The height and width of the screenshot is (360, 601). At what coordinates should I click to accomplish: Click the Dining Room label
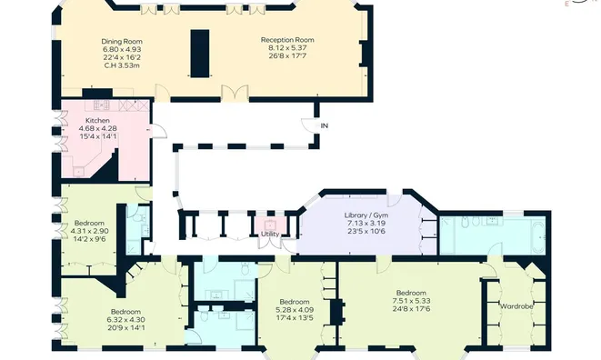point(122,42)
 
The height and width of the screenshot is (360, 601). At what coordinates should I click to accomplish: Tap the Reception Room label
point(287,40)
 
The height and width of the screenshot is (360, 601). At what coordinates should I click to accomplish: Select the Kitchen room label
point(97,120)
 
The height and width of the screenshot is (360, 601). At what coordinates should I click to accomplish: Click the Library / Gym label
point(366,215)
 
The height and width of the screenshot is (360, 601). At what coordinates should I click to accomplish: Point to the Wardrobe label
point(516,306)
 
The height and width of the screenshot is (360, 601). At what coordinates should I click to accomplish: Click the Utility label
point(270,234)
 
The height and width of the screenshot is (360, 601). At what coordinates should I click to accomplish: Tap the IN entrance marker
point(325,125)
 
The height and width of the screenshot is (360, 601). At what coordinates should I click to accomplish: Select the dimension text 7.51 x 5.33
point(411,301)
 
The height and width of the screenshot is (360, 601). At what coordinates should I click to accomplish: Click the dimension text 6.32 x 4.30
point(126,320)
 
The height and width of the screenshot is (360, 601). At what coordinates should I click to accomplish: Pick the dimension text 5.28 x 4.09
point(295,310)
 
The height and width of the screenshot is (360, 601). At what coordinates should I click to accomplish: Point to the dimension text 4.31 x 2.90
point(90,231)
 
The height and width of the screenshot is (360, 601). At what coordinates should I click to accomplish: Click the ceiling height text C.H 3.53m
point(122,65)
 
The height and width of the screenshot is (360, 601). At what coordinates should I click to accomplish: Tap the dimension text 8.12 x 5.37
point(287,48)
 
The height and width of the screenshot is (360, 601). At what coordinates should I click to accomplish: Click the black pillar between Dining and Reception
point(200,54)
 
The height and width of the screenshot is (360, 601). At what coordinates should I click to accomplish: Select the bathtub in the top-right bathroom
point(538,237)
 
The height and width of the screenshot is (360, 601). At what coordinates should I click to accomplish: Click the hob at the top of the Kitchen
point(102,105)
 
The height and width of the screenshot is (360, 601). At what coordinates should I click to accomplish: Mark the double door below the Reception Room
point(235,94)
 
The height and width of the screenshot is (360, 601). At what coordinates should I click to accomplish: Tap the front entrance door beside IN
point(309,125)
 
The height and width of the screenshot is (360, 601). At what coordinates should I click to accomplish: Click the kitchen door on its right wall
point(159,131)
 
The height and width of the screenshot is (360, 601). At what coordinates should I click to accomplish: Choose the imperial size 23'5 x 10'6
point(366,231)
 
